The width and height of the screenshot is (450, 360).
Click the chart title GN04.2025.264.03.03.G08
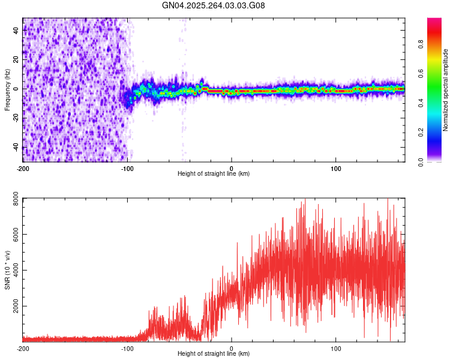214,6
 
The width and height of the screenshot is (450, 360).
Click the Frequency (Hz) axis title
7,89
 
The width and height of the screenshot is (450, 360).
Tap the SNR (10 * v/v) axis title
7,269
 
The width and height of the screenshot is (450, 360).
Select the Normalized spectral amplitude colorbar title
445,90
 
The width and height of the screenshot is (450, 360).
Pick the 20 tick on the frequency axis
16,59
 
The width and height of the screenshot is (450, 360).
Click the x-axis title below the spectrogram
214,174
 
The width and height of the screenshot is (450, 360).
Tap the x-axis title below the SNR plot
214,354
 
